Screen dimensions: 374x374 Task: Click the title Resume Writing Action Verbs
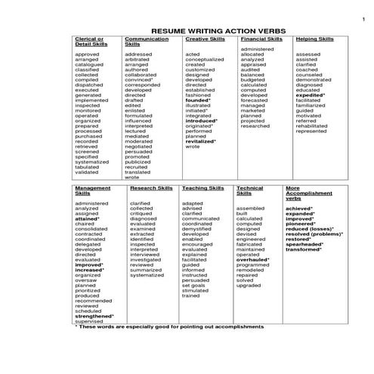pos(206,29)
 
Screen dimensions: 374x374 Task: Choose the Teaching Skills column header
pos(203,187)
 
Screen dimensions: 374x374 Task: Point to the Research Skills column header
pos(152,187)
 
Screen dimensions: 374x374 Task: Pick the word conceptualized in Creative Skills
pos(204,60)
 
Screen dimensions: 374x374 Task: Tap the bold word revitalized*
pos(200,141)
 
